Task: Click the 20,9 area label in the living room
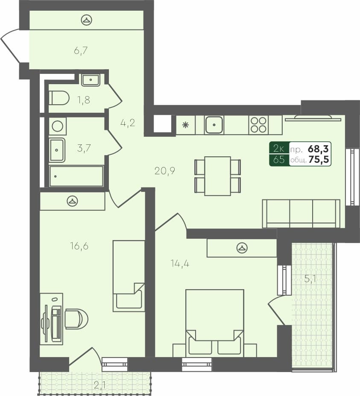click(165, 171)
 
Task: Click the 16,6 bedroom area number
click(79, 246)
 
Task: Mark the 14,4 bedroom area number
click(179, 263)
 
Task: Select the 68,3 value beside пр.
click(318, 149)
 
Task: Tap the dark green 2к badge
click(279, 149)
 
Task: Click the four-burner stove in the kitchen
click(258, 125)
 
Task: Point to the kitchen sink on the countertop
click(214, 125)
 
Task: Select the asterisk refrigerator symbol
click(185, 125)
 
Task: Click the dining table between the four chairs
click(217, 176)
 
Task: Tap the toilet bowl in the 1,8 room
click(59, 98)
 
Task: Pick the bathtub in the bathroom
click(76, 176)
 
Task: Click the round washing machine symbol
click(57, 126)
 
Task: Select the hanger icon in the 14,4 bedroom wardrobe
click(242, 247)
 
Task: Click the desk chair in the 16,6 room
click(76, 319)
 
